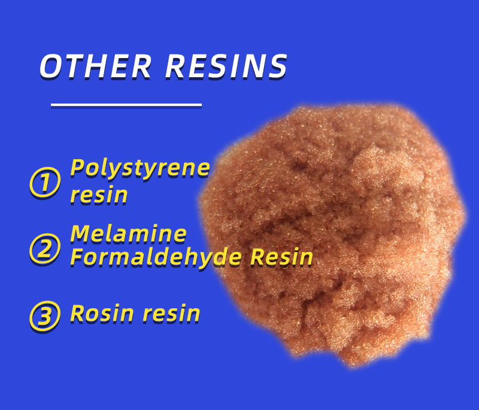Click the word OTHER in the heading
click(x=95, y=66)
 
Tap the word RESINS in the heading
click(x=226, y=66)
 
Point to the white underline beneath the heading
click(x=126, y=105)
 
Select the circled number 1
click(x=45, y=183)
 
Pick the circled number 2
click(x=45, y=248)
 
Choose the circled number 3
click(x=45, y=316)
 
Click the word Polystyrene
click(x=140, y=169)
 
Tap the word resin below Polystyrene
click(x=99, y=195)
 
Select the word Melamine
click(x=128, y=234)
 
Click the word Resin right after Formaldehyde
click(x=281, y=257)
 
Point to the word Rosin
click(x=102, y=314)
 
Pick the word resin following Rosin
click(x=171, y=314)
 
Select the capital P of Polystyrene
click(x=77, y=168)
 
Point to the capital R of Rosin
click(x=78, y=314)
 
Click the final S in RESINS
click(x=277, y=66)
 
